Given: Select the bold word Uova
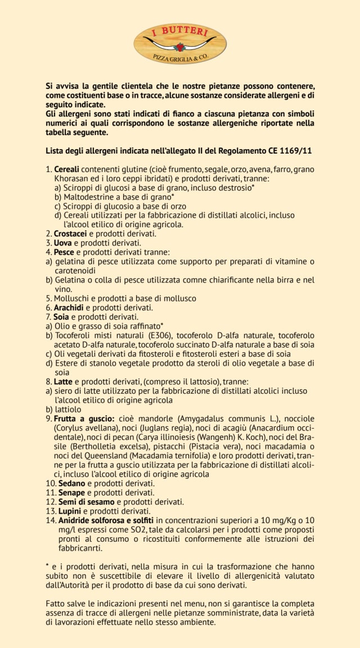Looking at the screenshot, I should [x=64, y=242].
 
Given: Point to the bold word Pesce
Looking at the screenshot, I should [x=65, y=252].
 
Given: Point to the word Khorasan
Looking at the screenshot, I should [x=73, y=178].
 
